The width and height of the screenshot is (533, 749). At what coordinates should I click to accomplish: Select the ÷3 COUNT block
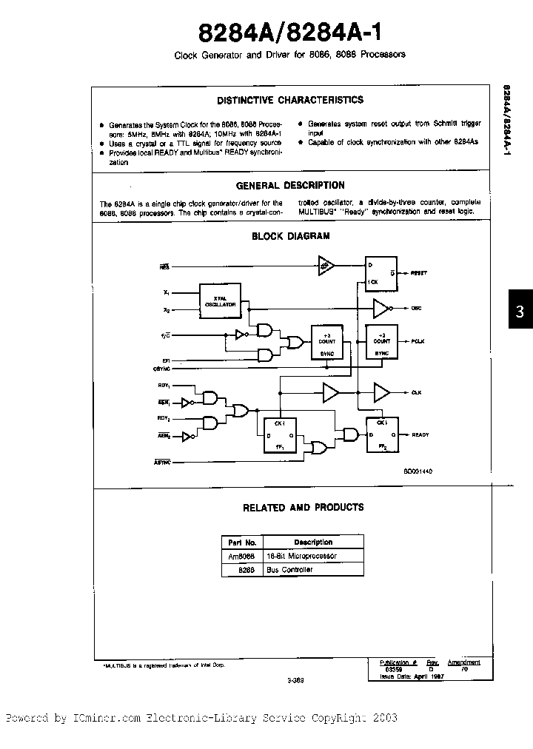[327, 341]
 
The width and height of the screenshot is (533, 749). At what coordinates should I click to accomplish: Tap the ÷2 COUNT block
[382, 341]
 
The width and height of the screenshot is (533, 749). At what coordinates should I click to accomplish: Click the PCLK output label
[419, 342]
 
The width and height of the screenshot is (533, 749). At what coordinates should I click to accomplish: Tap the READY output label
[420, 435]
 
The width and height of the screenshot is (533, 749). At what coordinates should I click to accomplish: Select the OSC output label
[417, 307]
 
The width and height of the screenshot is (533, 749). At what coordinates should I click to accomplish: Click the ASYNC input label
[163, 462]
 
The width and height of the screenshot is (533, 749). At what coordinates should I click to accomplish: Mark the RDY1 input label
[164, 386]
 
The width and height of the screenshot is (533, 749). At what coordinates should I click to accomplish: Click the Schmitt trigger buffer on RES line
[326, 264]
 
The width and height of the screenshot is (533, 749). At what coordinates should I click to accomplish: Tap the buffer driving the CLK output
[382, 392]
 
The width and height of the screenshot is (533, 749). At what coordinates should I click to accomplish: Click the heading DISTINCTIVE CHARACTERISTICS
[289, 100]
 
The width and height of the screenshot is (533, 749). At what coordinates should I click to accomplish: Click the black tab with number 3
[520, 312]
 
